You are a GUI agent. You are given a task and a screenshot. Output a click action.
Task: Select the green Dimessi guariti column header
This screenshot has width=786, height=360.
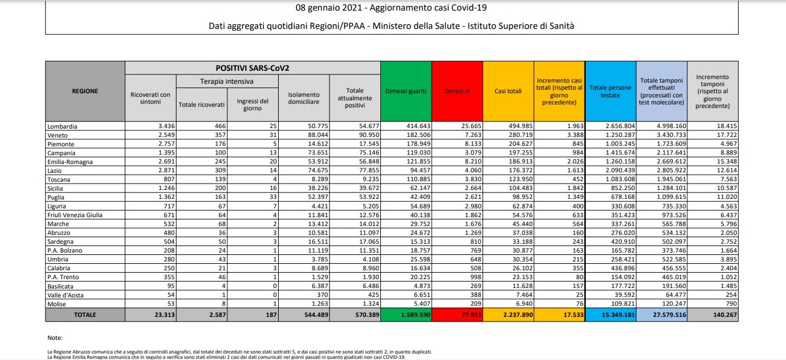(406, 91)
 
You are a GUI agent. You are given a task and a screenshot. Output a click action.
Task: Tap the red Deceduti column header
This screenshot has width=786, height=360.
(457, 91)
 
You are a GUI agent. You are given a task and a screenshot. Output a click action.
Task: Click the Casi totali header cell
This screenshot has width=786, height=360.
(508, 91)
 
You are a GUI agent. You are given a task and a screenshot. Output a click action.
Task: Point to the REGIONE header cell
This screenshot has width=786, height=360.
(85, 91)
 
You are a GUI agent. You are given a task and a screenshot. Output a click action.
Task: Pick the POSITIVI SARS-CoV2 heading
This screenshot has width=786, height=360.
(253, 68)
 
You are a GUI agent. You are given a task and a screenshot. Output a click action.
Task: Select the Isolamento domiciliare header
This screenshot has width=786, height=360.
(304, 98)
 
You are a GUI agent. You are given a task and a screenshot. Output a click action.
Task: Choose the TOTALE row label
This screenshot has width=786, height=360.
(85, 315)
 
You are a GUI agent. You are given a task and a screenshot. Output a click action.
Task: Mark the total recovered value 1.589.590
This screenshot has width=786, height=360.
(413, 315)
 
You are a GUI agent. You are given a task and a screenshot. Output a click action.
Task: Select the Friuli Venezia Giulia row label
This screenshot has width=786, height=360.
(75, 215)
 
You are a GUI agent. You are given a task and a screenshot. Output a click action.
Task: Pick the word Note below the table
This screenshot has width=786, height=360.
(54, 338)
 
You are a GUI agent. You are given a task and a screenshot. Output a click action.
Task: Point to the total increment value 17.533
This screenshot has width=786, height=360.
(570, 315)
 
